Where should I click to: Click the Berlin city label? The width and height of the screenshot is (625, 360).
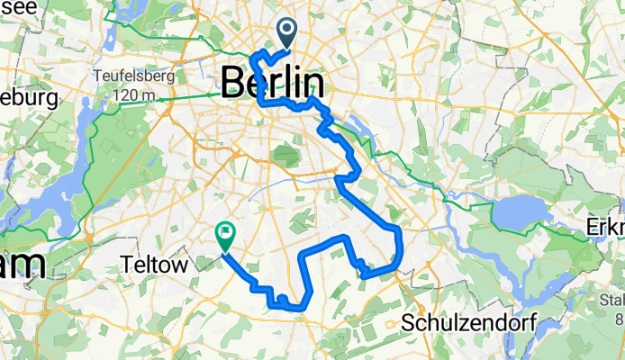click(x=273, y=83)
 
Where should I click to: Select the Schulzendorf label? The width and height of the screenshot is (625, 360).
click(x=462, y=322)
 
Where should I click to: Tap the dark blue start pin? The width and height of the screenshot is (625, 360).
click(x=287, y=32)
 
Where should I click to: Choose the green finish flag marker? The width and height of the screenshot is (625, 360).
click(x=224, y=236)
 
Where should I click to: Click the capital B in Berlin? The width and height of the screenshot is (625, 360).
click(x=231, y=83)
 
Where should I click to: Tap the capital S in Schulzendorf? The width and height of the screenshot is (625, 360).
click(x=410, y=322)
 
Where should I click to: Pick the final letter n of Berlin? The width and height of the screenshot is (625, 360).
click(x=315, y=83)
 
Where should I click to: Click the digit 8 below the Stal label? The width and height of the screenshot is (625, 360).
click(x=620, y=318)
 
